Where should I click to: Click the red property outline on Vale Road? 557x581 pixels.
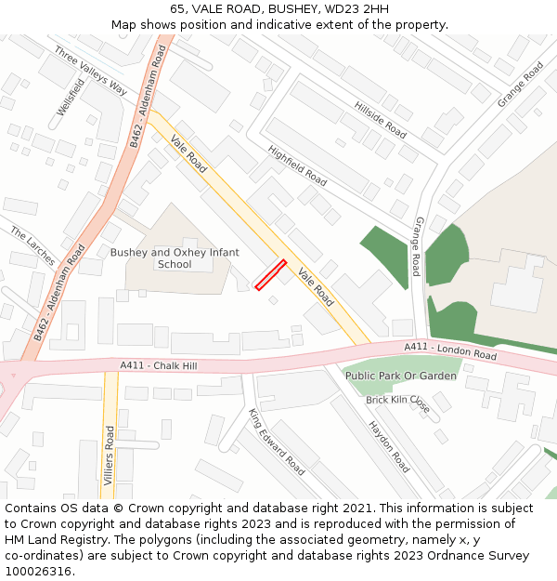[x=270, y=275]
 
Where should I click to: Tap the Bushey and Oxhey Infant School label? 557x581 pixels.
[x=175, y=258]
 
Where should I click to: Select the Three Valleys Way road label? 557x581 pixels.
[x=91, y=71]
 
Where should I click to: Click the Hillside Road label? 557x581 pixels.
[x=381, y=119]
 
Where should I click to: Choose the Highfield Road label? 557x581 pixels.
[x=297, y=165]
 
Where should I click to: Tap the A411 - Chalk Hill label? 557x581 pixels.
[x=159, y=366]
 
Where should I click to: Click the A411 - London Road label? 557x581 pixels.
[x=450, y=350]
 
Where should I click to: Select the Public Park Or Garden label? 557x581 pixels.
[x=401, y=376]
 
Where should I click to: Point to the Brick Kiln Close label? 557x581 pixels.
[x=397, y=403]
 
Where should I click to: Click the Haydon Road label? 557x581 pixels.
[x=389, y=447]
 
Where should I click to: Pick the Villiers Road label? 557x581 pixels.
[x=110, y=462]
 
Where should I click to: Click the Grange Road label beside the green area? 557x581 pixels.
[x=417, y=246]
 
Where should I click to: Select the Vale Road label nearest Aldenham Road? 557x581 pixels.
[x=188, y=152]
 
